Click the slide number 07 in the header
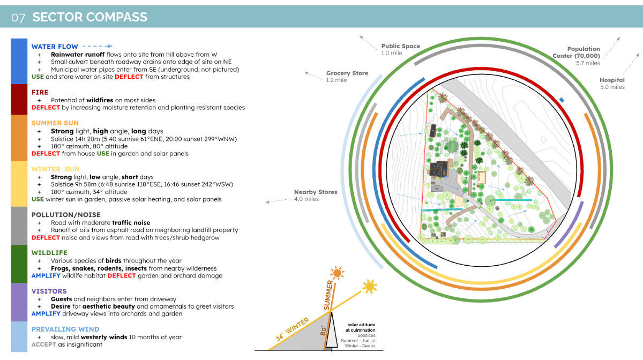click(18, 17)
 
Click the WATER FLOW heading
click(55, 47)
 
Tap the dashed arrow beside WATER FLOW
click(98, 46)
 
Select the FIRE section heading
click(40, 92)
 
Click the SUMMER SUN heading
click(55, 123)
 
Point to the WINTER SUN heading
click(55, 169)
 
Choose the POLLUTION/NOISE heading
click(65, 215)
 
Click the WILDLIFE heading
click(49, 252)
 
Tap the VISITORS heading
click(49, 291)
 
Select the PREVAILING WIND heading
click(65, 329)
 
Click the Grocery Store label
click(347, 73)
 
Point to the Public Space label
click(400, 46)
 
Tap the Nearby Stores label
click(316, 192)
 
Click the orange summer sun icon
click(337, 274)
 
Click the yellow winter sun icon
click(370, 287)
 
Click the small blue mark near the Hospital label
click(562, 100)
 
